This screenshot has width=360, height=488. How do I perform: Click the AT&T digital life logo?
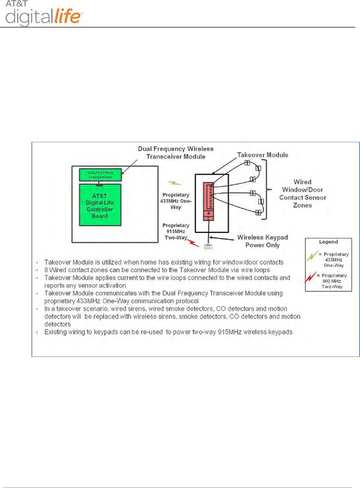pyautogui.click(x=43, y=14)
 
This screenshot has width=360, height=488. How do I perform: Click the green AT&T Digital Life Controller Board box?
pyautogui.click(x=100, y=205)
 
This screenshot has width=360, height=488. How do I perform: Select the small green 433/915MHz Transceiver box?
pyautogui.click(x=100, y=175)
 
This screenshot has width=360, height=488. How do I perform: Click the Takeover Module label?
pyautogui.click(x=263, y=155)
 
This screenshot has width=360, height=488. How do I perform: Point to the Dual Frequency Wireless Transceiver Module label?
pyautogui.click(x=176, y=153)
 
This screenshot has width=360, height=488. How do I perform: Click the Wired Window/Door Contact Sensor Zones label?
pyautogui.click(x=303, y=193)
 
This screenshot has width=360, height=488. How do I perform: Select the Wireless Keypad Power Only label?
pyautogui.click(x=262, y=241)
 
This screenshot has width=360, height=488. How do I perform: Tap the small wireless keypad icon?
pyautogui.click(x=209, y=246)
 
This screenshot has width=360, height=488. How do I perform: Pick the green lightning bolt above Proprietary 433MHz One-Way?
pyautogui.click(x=174, y=183)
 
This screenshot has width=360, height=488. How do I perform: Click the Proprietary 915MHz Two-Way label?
pyautogui.click(x=176, y=231)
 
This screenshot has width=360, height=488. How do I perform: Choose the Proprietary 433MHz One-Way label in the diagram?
pyautogui.click(x=176, y=201)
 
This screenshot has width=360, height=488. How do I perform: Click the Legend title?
pyautogui.click(x=329, y=242)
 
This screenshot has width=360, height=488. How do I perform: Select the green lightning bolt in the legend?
pyautogui.click(x=312, y=256)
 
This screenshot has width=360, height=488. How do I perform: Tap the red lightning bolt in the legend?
pyautogui.click(x=310, y=277)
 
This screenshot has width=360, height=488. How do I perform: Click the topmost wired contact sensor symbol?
pyautogui.click(x=247, y=163)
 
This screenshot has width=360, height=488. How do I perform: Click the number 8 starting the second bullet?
pyautogui.click(x=46, y=270)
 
